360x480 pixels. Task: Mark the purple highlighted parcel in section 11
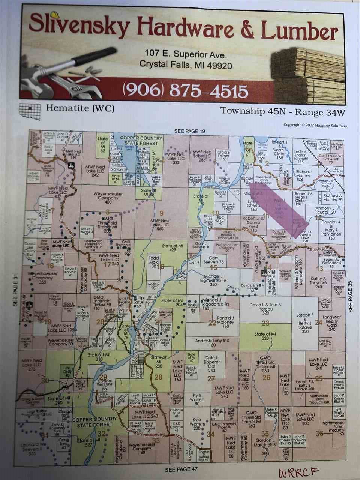pyautogui.click(x=283, y=210)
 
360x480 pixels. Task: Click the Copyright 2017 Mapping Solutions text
pyautogui.click(x=315, y=126)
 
